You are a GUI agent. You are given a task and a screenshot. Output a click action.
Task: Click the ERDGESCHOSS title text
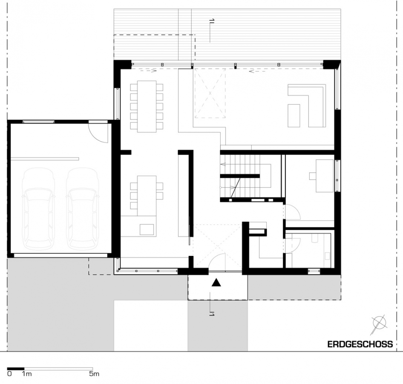coord(360,344)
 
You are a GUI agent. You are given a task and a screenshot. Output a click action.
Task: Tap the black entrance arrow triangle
coord(216,282)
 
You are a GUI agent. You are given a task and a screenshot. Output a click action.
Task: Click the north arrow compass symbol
coord(379,324)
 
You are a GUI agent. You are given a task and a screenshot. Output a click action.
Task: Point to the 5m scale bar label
coord(94,374)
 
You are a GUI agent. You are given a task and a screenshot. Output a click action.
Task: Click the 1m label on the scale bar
coord(27,374)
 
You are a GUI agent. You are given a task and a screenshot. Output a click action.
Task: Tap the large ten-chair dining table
coord(147,106)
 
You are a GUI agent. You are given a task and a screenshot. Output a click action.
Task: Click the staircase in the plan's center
coord(245,177)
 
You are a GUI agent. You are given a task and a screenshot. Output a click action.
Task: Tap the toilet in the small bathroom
coord(315,238)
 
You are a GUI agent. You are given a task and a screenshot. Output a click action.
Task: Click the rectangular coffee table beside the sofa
coord(294,116)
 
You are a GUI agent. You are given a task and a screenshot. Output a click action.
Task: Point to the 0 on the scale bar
coord(9,374)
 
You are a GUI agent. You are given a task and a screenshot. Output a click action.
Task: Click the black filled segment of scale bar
coord(16,369)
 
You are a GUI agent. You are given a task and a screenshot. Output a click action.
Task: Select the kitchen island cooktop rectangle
coord(147,229)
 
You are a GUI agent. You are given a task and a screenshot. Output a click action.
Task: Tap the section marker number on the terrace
coord(212,21)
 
